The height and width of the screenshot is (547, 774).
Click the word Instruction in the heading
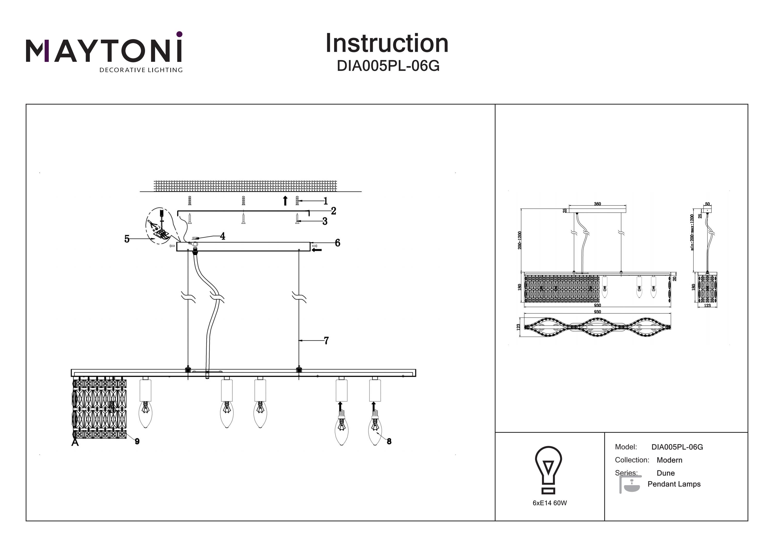387,44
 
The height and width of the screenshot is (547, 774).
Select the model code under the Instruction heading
388,66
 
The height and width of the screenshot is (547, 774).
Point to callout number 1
326,201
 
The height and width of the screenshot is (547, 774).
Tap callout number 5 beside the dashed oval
127,239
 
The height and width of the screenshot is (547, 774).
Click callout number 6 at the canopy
337,243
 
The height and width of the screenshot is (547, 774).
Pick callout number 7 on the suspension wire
326,341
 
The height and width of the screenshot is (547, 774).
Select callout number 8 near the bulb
389,441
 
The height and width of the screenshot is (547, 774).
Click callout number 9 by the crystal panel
137,441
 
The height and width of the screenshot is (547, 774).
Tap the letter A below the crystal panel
75,443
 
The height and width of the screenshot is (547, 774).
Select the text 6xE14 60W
550,503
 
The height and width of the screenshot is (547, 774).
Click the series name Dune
665,473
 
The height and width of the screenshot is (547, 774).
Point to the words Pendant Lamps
674,484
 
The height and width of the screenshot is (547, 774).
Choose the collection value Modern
669,460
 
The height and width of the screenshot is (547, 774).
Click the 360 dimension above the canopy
597,204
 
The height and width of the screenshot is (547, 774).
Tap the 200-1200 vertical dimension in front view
520,240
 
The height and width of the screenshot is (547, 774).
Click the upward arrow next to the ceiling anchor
285,201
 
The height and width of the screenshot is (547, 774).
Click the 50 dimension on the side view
707,204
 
